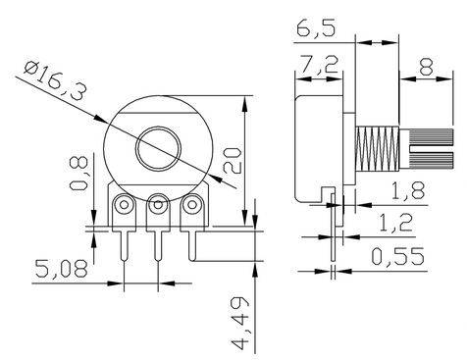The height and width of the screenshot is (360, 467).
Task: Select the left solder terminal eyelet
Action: [125, 206]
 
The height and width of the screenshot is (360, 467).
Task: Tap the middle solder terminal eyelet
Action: [157, 206]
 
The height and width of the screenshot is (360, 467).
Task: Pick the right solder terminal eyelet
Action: [191, 206]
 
